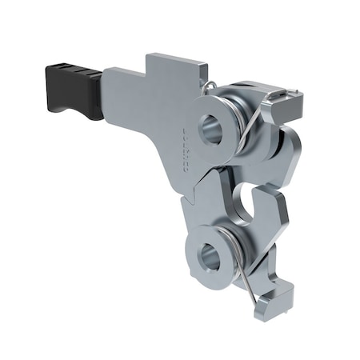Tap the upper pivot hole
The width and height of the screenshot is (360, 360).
211,128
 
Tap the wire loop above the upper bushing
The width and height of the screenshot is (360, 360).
208,85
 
